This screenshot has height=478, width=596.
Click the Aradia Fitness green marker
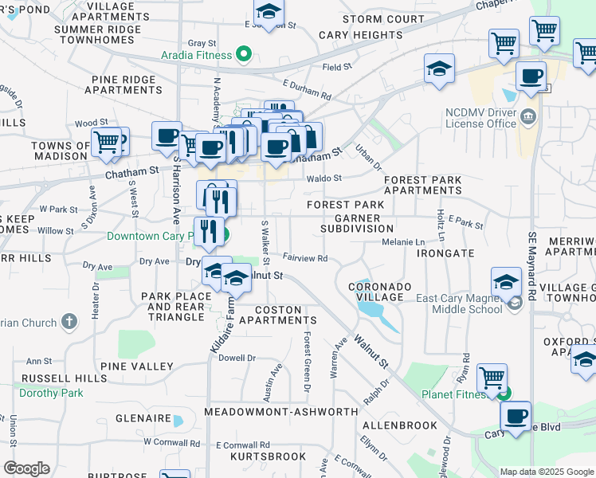[245, 55]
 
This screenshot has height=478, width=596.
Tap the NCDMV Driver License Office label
[483, 119]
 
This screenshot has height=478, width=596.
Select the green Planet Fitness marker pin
[503, 392]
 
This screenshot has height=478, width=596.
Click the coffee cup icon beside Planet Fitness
[516, 416]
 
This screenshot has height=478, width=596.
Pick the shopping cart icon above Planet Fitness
[492, 377]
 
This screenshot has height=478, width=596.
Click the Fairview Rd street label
[305, 258]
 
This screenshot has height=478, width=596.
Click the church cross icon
[69, 323]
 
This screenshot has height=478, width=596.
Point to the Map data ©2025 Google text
[547, 472]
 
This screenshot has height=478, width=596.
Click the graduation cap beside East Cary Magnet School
[506, 282]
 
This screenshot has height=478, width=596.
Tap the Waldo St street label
[323, 178]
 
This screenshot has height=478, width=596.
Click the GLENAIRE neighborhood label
[143, 418]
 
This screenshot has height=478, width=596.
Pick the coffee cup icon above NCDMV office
[531, 77]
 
